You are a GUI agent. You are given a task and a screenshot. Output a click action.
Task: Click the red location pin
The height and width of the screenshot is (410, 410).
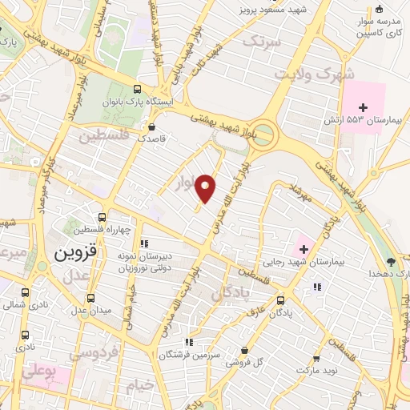point(207,188)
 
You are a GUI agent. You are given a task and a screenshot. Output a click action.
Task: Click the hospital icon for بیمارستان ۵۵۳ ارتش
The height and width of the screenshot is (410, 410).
point(363,107)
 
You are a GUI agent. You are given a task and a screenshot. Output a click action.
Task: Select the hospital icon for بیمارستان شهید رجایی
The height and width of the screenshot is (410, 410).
point(303,249)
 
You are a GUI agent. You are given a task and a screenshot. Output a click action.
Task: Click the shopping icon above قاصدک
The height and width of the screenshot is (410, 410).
point(151,126)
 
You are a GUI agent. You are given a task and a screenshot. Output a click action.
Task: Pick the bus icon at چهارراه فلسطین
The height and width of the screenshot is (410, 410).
point(102,216)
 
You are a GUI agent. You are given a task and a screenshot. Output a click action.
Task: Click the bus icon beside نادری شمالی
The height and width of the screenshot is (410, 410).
point(25,291)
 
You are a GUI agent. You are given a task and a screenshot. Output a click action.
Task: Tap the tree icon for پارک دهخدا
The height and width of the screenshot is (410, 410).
point(391,260)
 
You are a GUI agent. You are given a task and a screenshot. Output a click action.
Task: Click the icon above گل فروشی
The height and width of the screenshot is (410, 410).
point(244,350)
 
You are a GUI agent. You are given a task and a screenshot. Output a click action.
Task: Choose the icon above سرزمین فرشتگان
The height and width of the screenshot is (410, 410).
point(188,341)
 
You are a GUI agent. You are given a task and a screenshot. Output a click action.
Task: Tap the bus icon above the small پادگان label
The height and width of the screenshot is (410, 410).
point(279,301)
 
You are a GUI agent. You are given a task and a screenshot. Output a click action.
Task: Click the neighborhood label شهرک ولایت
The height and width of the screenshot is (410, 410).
point(303,74)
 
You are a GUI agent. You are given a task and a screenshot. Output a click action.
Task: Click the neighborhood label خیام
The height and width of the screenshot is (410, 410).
point(139,386)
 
